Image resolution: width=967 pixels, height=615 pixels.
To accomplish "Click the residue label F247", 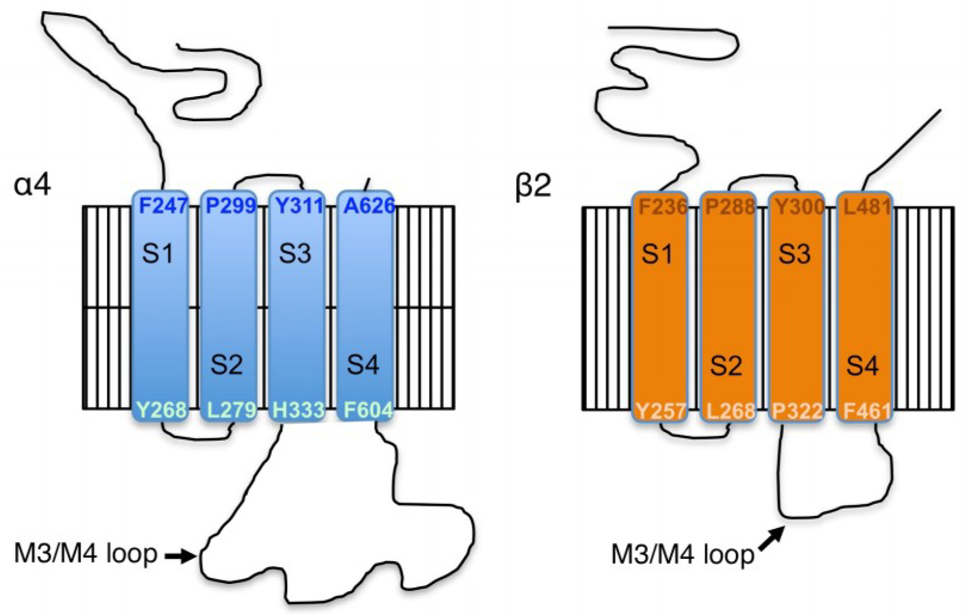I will (163, 206).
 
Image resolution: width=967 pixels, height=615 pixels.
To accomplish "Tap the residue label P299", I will (230, 206).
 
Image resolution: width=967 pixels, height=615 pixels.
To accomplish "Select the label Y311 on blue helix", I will (299, 206).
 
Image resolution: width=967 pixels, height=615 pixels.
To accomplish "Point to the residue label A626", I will (369, 206).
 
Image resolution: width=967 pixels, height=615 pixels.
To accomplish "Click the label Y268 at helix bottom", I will (161, 410).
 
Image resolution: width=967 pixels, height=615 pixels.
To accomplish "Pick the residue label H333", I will (298, 410).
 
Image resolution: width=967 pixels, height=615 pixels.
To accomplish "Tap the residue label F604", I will (368, 410).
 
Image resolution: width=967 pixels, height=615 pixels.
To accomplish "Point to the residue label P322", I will (798, 411).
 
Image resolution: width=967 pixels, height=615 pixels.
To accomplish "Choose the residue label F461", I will (867, 411).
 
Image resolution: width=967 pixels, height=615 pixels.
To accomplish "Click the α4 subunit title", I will (32, 185).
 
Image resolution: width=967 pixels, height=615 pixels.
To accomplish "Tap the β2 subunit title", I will (533, 186).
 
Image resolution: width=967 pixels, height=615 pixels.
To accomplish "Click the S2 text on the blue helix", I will (226, 364).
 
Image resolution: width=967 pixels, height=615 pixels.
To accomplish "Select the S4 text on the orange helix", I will (863, 364).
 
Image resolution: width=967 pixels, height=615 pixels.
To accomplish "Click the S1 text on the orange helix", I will (657, 254).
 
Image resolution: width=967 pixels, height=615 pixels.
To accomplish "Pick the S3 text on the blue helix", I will (295, 254).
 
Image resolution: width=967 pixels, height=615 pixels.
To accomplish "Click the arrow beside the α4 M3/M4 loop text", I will (180, 556).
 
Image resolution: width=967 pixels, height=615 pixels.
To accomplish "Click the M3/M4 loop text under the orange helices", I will (682, 555).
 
